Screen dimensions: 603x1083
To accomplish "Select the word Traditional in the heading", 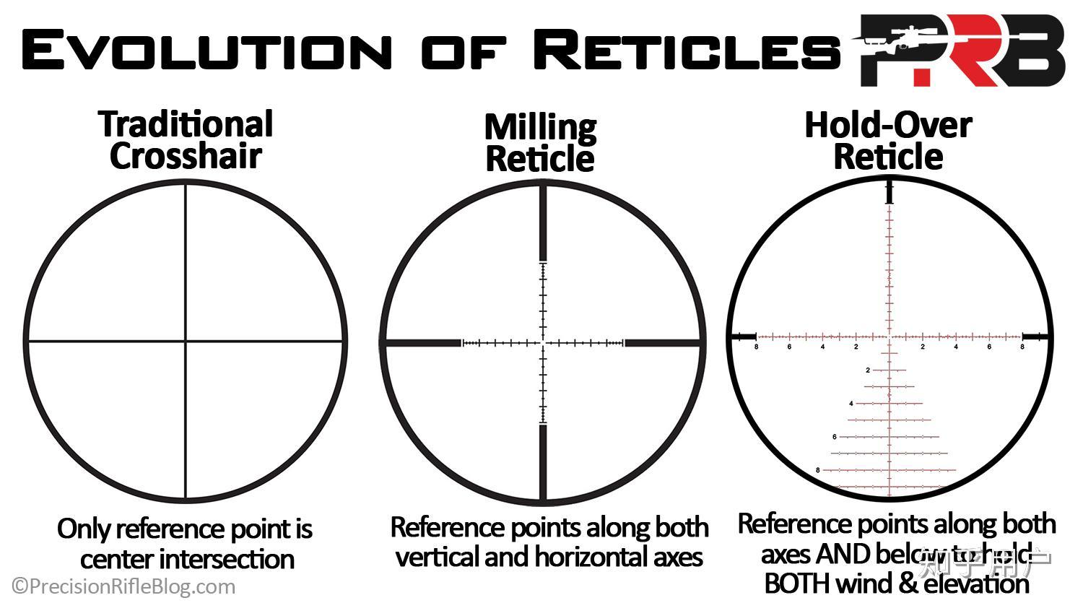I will point(186,124).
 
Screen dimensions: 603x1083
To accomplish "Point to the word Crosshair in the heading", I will point(186,155).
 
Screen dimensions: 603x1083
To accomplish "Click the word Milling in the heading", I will point(540,128).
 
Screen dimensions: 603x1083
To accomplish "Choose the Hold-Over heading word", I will point(888,124).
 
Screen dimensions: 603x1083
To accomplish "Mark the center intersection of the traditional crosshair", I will point(186,341).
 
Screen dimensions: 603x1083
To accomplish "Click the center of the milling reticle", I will point(543,342).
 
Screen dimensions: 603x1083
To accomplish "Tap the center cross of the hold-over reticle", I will point(890,337).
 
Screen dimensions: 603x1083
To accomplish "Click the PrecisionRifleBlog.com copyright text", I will point(123,586).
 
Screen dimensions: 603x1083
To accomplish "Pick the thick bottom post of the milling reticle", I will point(543,462).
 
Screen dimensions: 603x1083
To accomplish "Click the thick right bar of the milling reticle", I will point(662,342).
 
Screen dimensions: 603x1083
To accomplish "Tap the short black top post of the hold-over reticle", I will point(890,193).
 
